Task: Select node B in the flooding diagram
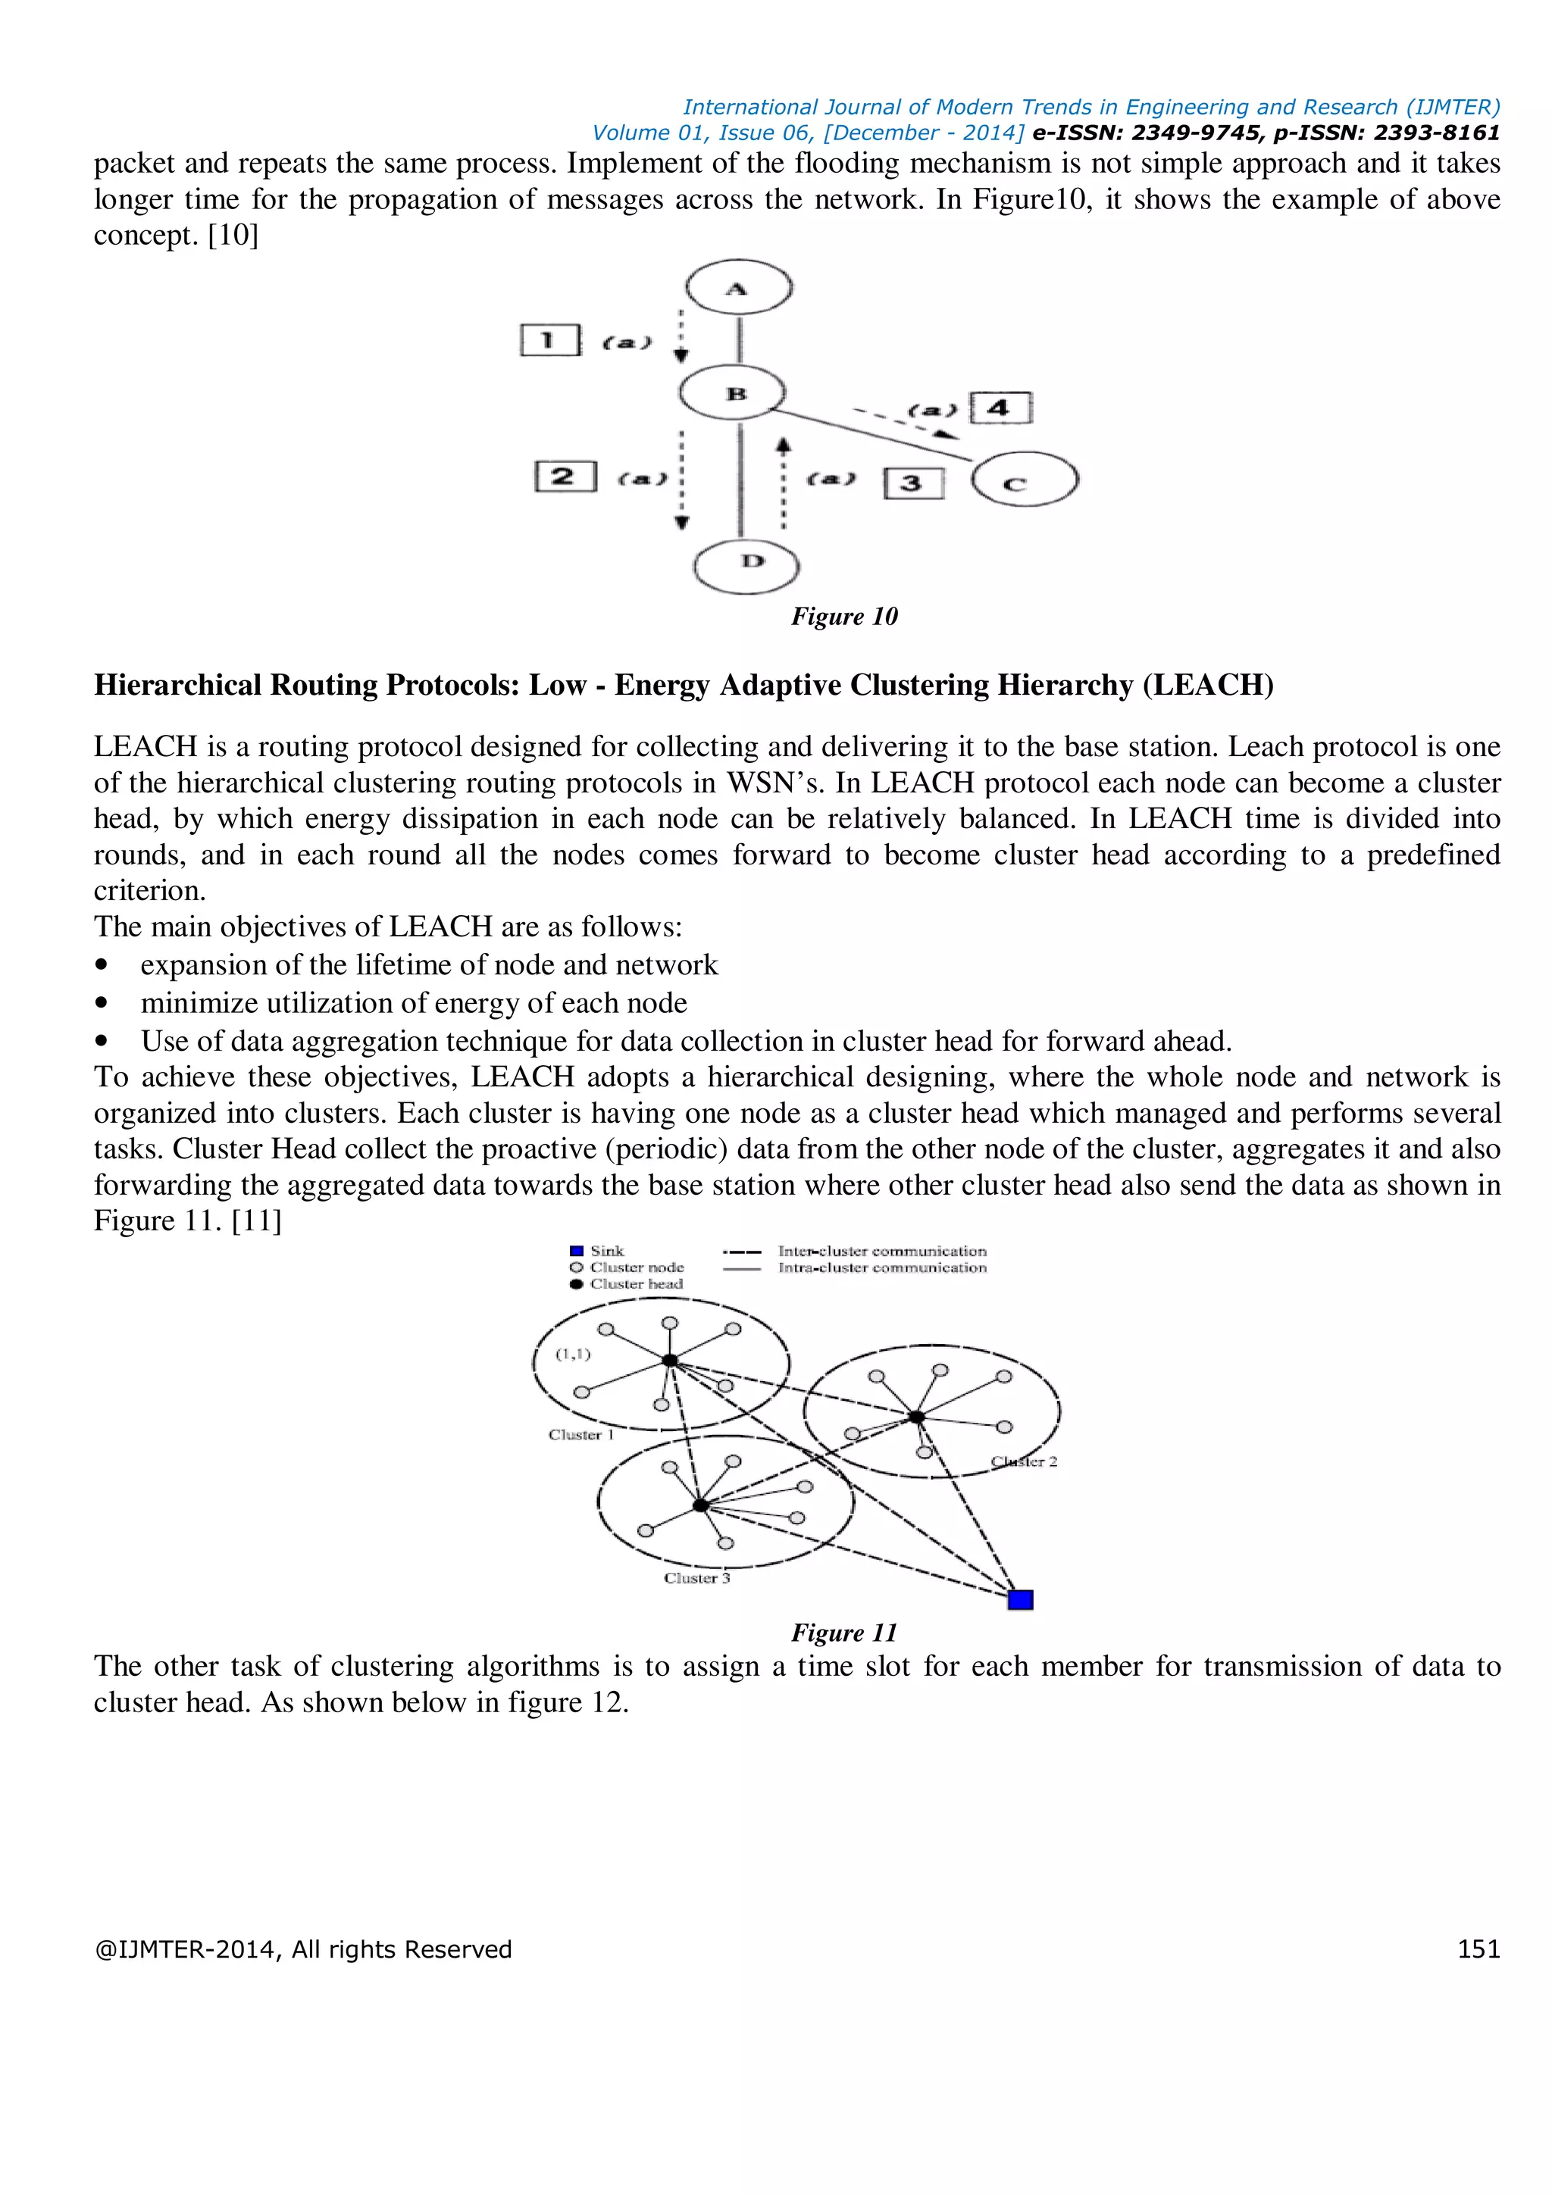[733, 392]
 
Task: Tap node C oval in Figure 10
[1025, 480]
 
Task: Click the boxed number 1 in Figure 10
[549, 340]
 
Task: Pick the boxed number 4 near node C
[1000, 408]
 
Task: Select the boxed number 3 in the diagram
[912, 483]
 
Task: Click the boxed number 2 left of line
[565, 476]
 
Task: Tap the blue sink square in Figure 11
[1021, 1599]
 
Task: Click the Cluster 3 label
[696, 1579]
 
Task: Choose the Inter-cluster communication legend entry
[881, 1251]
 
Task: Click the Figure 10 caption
[844, 617]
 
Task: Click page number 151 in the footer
[1478, 1949]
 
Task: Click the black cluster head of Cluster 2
[916, 1416]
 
